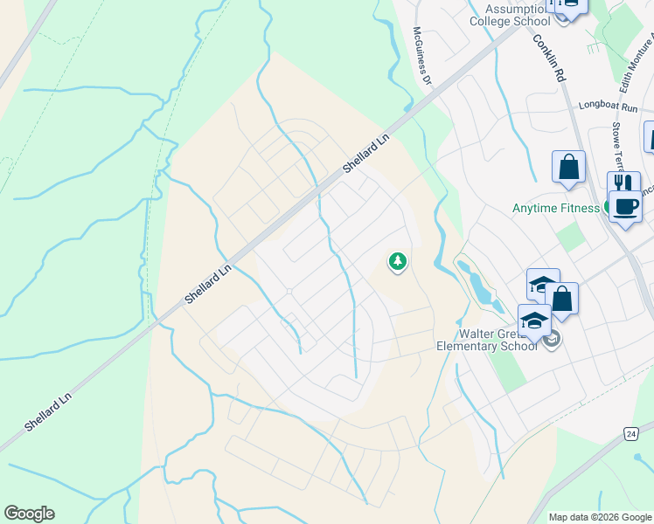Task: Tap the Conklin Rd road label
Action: (x=548, y=59)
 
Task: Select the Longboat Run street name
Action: (x=609, y=106)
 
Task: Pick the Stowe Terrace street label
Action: (x=619, y=145)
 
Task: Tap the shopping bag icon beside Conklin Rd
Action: (x=568, y=168)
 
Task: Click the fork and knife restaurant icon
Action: (x=623, y=184)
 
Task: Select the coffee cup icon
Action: (x=625, y=207)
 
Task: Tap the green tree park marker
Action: (x=398, y=261)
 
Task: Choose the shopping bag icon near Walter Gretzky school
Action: (x=564, y=299)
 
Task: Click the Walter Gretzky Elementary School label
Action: (x=488, y=338)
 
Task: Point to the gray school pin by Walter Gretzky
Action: (x=551, y=340)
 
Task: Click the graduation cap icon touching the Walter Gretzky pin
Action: (x=534, y=321)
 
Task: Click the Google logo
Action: (x=29, y=514)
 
